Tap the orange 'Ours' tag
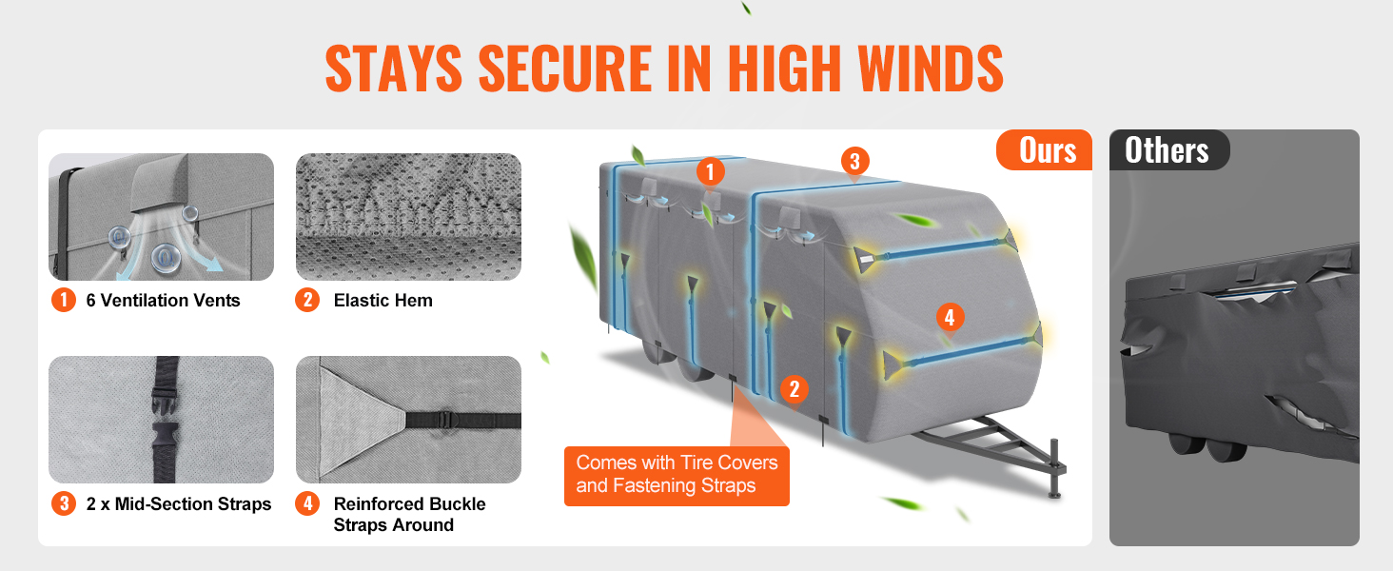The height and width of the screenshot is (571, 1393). click(1045, 150)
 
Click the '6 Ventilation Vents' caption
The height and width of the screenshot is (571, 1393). click(163, 301)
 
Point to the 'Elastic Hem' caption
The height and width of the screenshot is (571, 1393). click(383, 301)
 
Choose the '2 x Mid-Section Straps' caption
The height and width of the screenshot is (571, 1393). click(179, 503)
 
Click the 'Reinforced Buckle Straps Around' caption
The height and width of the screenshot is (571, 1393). click(409, 515)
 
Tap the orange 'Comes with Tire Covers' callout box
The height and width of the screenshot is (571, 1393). click(677, 476)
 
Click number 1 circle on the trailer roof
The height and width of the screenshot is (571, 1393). click(710, 171)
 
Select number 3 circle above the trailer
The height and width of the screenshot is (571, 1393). click(855, 161)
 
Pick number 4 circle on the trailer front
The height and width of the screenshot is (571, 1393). click(950, 317)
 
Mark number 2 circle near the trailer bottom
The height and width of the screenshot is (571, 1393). click(795, 389)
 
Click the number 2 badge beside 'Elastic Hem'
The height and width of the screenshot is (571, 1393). click(308, 300)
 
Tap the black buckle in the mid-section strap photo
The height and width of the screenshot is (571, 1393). click(166, 416)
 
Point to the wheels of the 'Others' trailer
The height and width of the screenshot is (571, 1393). click(1207, 448)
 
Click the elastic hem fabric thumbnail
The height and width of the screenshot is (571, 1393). click(408, 217)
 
